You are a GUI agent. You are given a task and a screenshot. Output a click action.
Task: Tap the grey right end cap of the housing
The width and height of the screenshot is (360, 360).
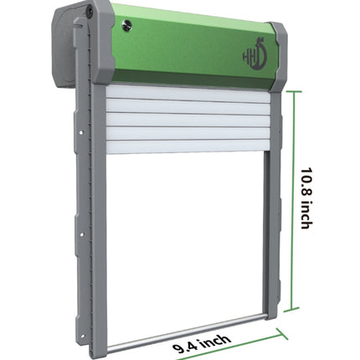pos(280,59)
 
